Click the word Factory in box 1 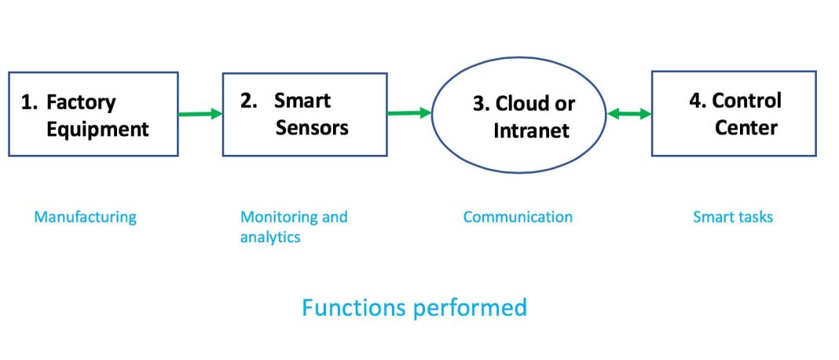[x=81, y=103]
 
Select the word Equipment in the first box [x=97, y=129]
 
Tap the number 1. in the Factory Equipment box [x=29, y=103]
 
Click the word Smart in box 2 [x=302, y=101]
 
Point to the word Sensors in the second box [x=311, y=127]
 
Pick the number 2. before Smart [x=249, y=101]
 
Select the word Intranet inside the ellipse [x=531, y=130]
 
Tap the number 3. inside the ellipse [x=481, y=105]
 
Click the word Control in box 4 [x=746, y=101]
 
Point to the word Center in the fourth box [x=746, y=127]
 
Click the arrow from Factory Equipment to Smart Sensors [x=200, y=114]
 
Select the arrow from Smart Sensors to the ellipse [x=409, y=113]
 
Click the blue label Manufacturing [x=85, y=217]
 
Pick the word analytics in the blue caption [x=270, y=237]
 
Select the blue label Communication [x=518, y=217]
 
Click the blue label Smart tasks [x=732, y=217]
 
